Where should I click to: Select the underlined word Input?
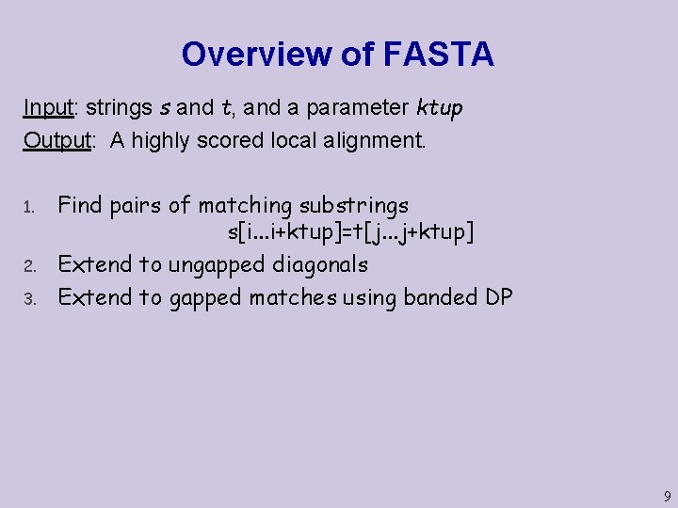pyautogui.click(x=48, y=107)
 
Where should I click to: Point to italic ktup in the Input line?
pyautogui.click(x=439, y=108)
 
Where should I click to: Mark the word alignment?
pyautogui.click(x=374, y=141)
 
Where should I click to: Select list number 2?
pyautogui.click(x=29, y=267)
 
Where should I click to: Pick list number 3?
pyautogui.click(x=29, y=299)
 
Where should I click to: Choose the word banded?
pyautogui.click(x=441, y=297)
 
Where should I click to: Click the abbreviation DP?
pyautogui.click(x=498, y=297)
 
